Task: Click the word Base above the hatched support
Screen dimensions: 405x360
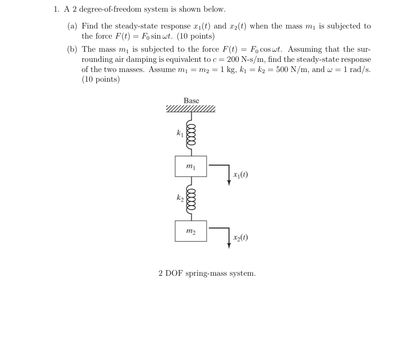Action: (x=191, y=101)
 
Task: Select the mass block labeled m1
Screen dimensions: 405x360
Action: (x=191, y=166)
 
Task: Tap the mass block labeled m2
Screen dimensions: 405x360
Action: (x=191, y=231)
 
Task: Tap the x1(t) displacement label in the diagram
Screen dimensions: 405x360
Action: (x=240, y=175)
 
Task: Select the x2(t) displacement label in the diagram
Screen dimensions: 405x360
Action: (x=240, y=238)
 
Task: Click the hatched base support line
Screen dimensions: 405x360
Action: (x=191, y=109)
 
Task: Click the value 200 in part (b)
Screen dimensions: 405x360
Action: (x=233, y=60)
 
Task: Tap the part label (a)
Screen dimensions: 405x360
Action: (x=73, y=26)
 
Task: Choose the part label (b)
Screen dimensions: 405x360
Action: (x=73, y=49)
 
